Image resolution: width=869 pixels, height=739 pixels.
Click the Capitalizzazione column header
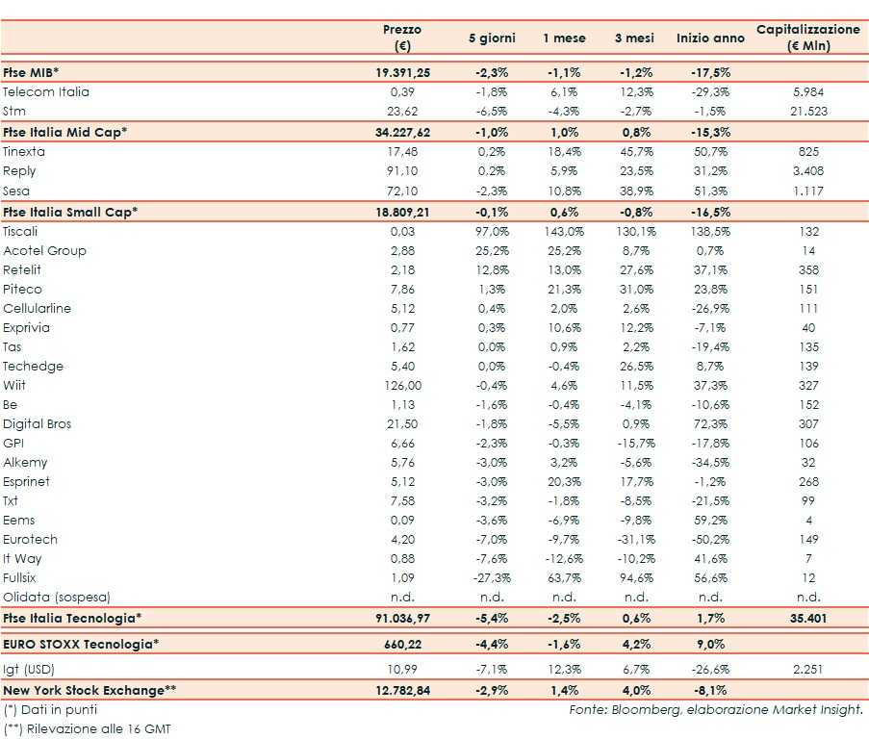click(x=808, y=38)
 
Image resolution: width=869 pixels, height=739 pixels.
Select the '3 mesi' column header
click(x=634, y=38)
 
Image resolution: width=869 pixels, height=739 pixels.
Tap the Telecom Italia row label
click(x=46, y=92)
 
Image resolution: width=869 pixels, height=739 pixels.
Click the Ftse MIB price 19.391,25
click(x=402, y=72)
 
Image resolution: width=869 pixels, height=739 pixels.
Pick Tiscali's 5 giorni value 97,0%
click(x=492, y=231)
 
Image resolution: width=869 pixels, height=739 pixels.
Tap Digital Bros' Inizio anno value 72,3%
click(x=710, y=423)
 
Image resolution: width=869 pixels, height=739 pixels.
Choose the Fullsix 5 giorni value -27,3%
click(x=492, y=577)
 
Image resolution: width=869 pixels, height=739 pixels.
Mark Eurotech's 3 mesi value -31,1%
click(x=634, y=539)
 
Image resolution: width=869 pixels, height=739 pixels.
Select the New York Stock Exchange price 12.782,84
click(x=402, y=690)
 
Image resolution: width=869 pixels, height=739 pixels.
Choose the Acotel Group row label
click(x=44, y=250)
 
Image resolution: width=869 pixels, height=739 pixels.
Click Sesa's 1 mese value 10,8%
click(x=560, y=191)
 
